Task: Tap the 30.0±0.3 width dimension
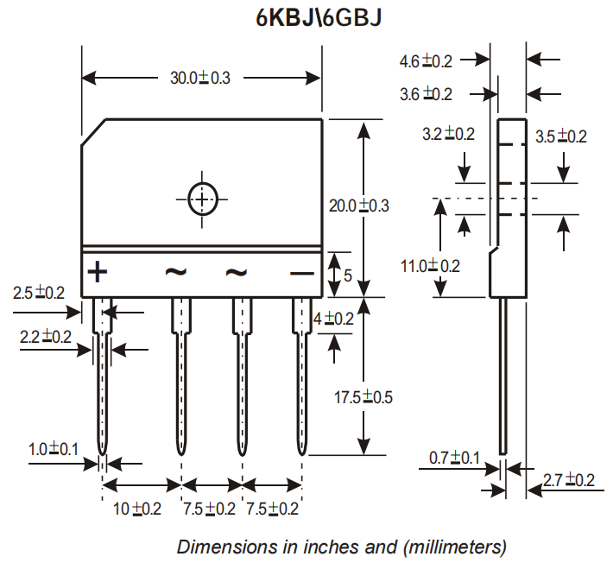coord(199,78)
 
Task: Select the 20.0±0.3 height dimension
coord(359,206)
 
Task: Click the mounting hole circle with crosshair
coord(202,199)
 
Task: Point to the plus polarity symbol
coord(98,273)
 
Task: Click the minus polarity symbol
coord(301,274)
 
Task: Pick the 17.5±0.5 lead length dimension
coord(363,398)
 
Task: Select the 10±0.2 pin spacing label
coord(137,509)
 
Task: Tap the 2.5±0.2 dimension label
coord(39,294)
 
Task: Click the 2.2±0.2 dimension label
coord(46,338)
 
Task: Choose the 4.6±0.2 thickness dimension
coord(426,61)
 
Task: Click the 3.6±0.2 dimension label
coord(426,94)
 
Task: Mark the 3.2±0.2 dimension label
coord(448,134)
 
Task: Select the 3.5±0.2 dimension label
coord(560,136)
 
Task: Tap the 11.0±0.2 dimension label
coord(430,266)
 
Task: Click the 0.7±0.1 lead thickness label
coord(454,458)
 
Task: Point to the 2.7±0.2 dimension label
coord(568,480)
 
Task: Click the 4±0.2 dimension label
coord(333,319)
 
